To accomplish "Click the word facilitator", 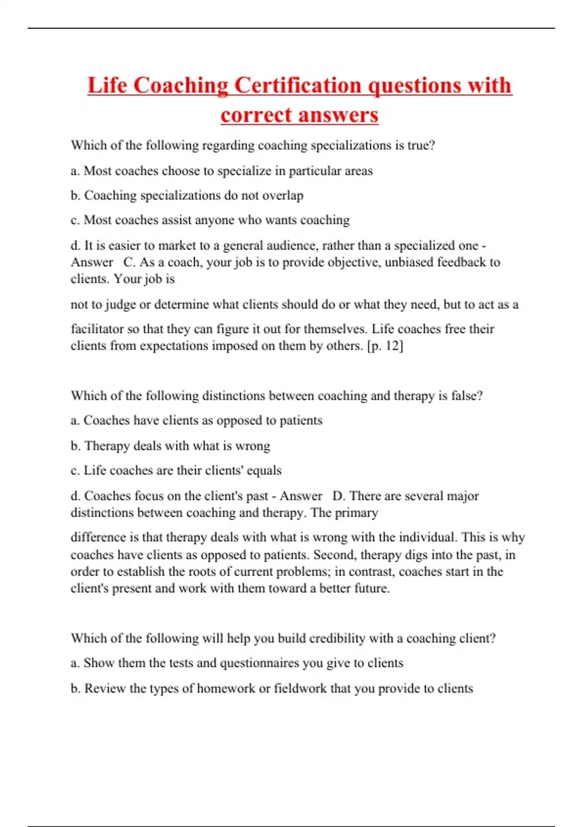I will (97, 329).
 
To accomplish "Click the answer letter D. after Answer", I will (339, 496).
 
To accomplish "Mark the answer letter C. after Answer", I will (129, 263).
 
